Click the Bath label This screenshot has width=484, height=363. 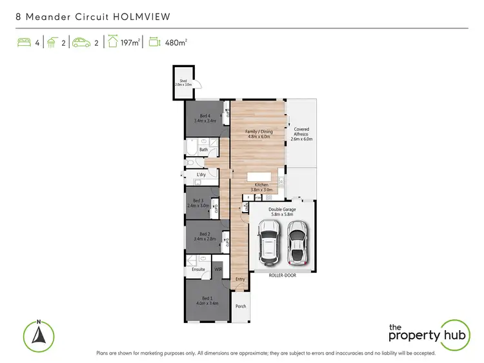pos(203,150)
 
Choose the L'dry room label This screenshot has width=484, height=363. pos(201,175)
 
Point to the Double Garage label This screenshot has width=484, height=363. pos(283,210)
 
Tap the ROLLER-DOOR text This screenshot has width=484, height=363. pos(284,274)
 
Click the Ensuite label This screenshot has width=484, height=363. pos(198,270)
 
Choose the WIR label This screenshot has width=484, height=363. pos(217,270)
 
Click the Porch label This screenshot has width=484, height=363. pos(241,306)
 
